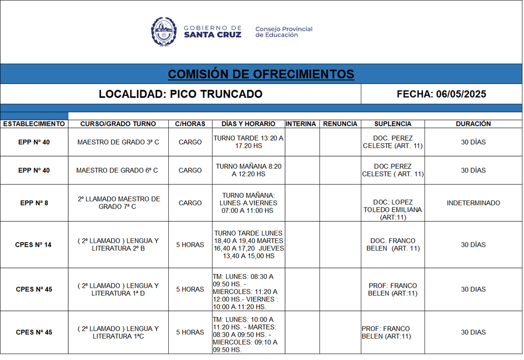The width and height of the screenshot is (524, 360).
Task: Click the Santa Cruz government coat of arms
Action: pyautogui.click(x=164, y=31)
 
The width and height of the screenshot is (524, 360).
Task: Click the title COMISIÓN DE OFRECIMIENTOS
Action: pyautogui.click(x=261, y=74)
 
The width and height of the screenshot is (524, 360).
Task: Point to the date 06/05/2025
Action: pyautogui.click(x=461, y=94)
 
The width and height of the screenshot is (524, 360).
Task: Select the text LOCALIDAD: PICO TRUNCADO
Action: pyautogui.click(x=180, y=94)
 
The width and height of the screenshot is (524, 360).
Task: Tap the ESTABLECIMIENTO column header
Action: pyautogui.click(x=34, y=124)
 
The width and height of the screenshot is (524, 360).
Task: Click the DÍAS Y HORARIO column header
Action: pyautogui.click(x=248, y=124)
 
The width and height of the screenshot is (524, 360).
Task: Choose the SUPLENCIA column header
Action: pyautogui.click(x=393, y=124)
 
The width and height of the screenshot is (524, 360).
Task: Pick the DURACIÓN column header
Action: pyautogui.click(x=473, y=124)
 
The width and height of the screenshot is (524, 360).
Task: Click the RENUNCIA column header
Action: pyautogui.click(x=340, y=124)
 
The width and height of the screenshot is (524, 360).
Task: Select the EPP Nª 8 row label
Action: pyautogui.click(x=34, y=203)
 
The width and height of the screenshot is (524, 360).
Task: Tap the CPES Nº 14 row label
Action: pyautogui.click(x=34, y=245)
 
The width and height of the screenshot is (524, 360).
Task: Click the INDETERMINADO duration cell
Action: pyautogui.click(x=473, y=203)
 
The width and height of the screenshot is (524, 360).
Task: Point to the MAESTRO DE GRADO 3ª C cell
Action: pyautogui.click(x=118, y=142)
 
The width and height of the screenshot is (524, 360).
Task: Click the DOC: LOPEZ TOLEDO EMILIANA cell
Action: pyautogui.click(x=393, y=206)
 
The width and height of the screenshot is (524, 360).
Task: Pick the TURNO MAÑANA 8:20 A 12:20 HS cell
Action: pyautogui.click(x=248, y=170)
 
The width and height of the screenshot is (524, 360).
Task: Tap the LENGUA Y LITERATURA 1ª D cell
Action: pyautogui.click(x=118, y=289)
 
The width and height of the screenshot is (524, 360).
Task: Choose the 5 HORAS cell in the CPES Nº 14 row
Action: pyautogui.click(x=190, y=245)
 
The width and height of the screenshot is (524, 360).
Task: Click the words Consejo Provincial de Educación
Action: pyautogui.click(x=284, y=32)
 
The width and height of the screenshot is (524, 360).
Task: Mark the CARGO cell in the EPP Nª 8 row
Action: pyautogui.click(x=190, y=203)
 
